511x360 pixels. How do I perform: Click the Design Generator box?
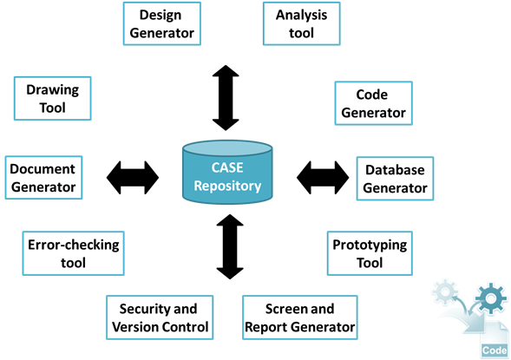162,23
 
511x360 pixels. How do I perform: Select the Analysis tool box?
301,23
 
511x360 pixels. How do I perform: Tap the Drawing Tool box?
52,98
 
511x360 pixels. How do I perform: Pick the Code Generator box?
373,103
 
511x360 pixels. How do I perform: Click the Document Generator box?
43,178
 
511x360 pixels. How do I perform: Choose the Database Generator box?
395,179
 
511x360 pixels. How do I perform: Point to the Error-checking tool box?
74,253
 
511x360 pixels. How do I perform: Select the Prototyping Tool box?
370,253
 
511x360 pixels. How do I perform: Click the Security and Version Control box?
160,317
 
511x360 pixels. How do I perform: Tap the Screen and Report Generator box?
300,317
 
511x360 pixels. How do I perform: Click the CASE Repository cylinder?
227,173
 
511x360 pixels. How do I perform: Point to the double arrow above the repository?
226,98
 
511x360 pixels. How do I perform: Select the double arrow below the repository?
230,246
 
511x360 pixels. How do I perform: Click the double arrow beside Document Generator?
133,178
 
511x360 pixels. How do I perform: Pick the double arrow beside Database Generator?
323,178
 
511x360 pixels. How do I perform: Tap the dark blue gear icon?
491,298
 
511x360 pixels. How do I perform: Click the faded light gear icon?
445,291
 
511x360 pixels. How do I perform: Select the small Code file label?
495,350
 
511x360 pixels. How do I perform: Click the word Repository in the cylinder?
227,186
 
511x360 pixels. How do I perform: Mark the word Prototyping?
370,245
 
